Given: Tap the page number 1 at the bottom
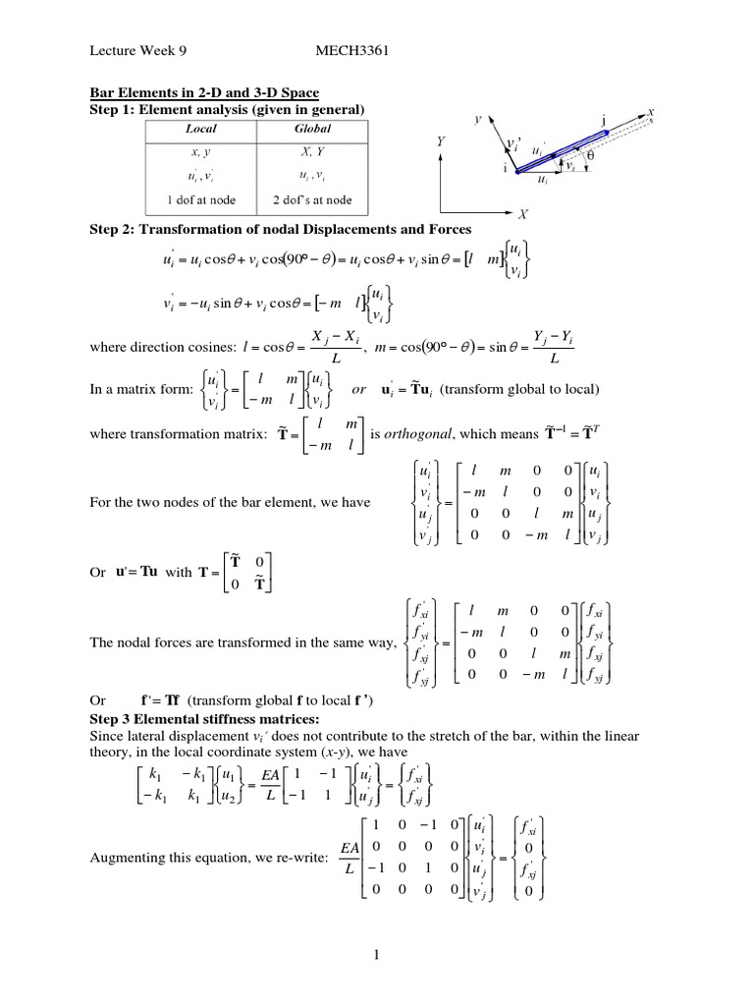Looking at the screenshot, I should click(376, 954).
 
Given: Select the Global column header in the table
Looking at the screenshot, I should click(312, 129).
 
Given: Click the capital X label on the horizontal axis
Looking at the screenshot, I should click(523, 212).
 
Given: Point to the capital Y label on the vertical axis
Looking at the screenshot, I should click(442, 141).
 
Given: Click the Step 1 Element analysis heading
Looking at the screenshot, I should click(221, 107).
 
